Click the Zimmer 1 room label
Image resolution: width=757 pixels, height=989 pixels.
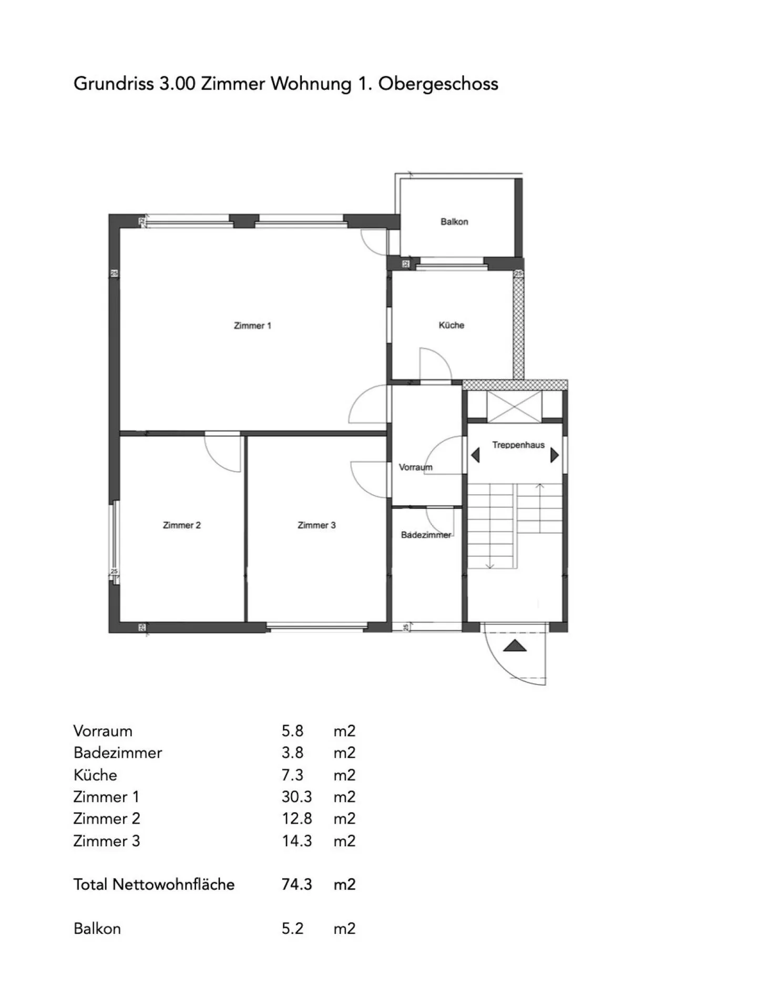pos(252,325)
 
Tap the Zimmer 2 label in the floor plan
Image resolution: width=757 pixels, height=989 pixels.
pos(182,525)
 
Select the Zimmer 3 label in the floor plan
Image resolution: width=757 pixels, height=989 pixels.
pos(316,525)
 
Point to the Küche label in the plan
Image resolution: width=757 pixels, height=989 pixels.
pos(452,325)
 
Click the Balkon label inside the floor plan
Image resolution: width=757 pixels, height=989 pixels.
pos(454,221)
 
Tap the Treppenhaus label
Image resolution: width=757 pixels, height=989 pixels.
pos(518,445)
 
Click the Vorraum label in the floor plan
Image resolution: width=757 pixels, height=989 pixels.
pos(415,467)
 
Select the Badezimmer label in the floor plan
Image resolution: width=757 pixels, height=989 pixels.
pos(426,535)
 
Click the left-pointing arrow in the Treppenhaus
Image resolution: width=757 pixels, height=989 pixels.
pos(475,455)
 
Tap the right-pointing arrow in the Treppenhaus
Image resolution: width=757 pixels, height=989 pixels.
pos(554,455)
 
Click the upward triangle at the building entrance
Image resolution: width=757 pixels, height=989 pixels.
pos(514,645)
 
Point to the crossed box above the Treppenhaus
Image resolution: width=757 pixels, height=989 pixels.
pos(514,406)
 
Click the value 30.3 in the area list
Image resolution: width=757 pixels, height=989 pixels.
pos(296,797)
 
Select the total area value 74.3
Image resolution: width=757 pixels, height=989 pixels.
pos(296,884)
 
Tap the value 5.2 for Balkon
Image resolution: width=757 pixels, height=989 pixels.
pos(292,928)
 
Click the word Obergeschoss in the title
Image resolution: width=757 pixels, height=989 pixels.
pos(438,84)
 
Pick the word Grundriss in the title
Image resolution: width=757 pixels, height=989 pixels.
pos(114,84)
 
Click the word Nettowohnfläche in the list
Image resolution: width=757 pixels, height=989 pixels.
pos(173,884)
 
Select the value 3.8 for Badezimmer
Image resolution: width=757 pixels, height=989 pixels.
pos(292,752)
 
